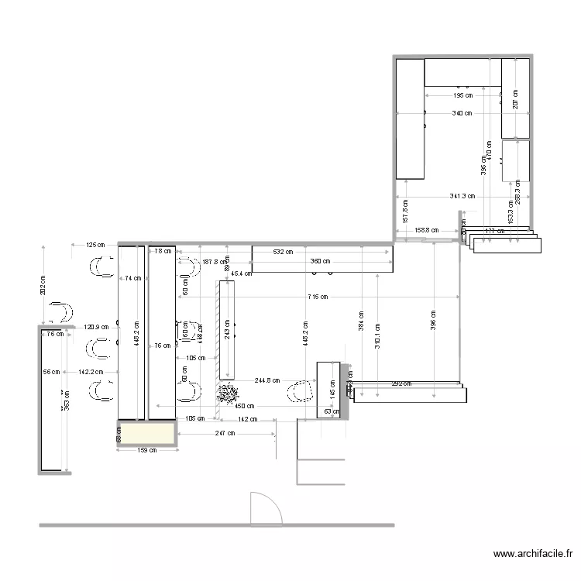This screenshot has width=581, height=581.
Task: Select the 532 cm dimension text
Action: pos(283,252)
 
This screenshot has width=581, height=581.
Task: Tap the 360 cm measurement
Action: pos(320,261)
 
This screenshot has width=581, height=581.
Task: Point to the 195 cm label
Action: pos(462,96)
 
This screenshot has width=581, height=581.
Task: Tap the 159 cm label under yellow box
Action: pos(146,449)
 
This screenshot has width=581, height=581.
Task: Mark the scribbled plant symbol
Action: pos(226,394)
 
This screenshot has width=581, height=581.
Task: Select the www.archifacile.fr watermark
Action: pos(533,555)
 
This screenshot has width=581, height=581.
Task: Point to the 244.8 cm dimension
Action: pos(266,380)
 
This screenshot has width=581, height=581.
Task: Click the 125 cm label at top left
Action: pos(95,246)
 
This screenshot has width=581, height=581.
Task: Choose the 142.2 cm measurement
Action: pos(91,372)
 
